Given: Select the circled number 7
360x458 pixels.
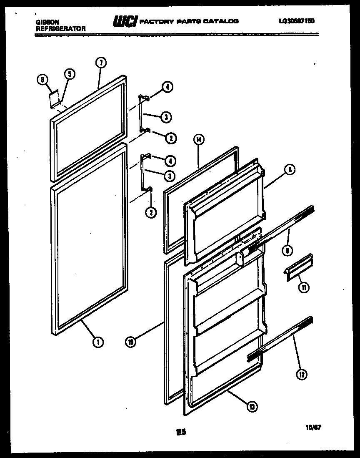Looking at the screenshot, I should click(100, 63).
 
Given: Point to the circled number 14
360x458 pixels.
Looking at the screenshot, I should click(198, 140).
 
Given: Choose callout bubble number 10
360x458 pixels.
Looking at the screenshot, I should click(130, 342).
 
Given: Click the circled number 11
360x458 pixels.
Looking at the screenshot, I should click(304, 287).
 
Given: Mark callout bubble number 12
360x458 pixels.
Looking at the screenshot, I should click(302, 375).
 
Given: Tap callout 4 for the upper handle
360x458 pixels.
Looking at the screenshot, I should click(166, 87).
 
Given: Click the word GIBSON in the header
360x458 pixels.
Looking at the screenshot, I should click(45, 23).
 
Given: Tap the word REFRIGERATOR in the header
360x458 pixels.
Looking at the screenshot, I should click(61, 29).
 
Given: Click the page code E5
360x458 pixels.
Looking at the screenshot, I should click(180, 433).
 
